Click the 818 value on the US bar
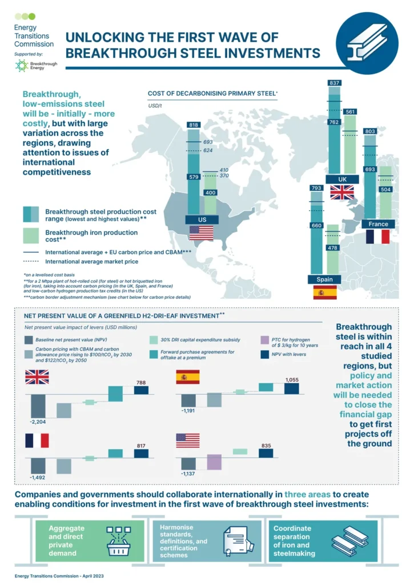(x=194, y=125)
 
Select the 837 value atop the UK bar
(x=335, y=83)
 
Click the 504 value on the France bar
(x=386, y=189)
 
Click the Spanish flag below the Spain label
(x=324, y=292)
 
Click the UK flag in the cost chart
(x=342, y=193)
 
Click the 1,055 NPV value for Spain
(x=291, y=380)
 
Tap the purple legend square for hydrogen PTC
(x=263, y=339)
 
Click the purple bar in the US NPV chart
(x=214, y=462)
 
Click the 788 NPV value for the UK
(x=141, y=383)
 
